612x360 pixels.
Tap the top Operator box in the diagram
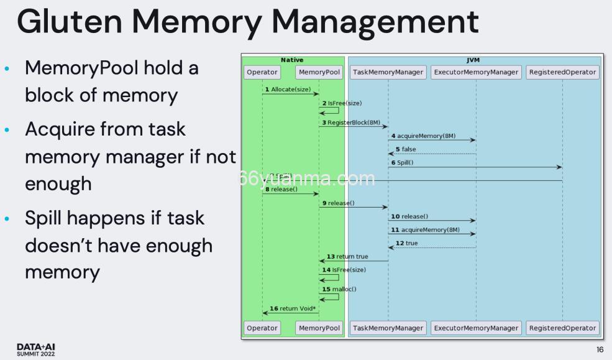[x=262, y=72]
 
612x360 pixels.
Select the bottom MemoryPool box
[x=319, y=328]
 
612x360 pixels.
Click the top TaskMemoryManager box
[x=388, y=72]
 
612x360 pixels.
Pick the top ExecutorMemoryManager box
[x=476, y=72]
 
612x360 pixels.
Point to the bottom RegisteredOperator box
[x=562, y=328]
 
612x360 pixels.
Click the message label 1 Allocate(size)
[x=288, y=90]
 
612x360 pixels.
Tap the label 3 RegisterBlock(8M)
[x=351, y=122]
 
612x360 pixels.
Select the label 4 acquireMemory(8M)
[x=423, y=136]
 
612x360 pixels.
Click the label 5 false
[x=406, y=149]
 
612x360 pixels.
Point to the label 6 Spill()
[x=402, y=162]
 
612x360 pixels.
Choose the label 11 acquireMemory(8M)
[x=426, y=229]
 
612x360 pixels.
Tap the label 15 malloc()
[x=339, y=289]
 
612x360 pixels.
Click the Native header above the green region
[x=292, y=60]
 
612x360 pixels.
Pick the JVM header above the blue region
[x=473, y=60]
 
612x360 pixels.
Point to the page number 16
[x=600, y=350]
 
